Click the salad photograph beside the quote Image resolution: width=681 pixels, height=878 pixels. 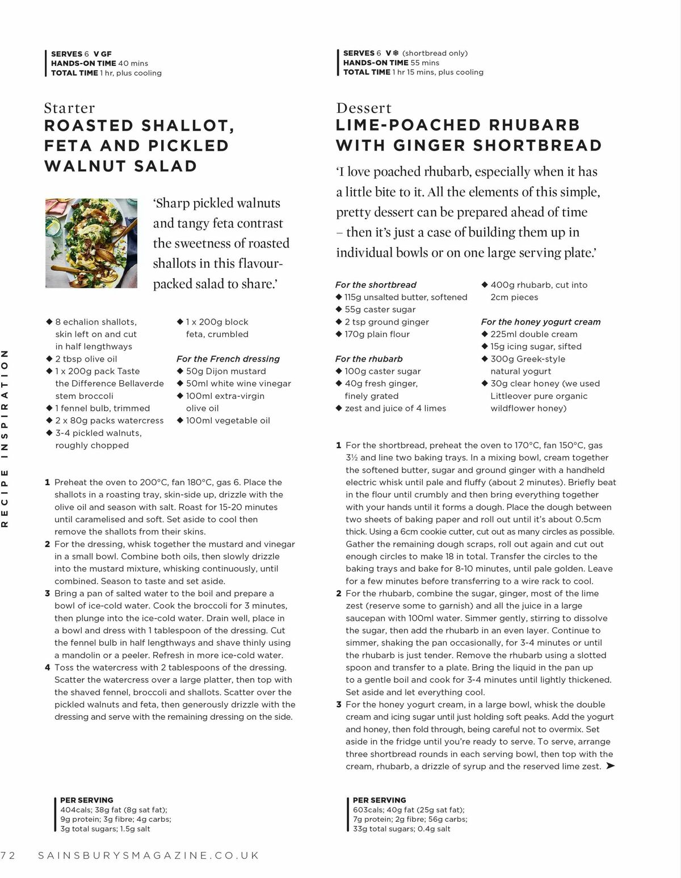point(91,243)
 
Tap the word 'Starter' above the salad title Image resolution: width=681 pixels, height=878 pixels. point(69,108)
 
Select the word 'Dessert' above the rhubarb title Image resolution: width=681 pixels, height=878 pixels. point(364,108)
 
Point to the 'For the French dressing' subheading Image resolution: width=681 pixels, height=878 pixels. point(228,359)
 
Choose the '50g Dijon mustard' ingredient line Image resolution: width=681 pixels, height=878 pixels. point(225,371)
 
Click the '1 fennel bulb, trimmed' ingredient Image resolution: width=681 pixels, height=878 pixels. point(102,408)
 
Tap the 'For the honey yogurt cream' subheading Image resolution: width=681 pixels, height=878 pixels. point(541,322)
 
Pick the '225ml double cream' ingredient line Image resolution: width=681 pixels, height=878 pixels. point(533,334)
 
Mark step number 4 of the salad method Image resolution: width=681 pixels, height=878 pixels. point(48,667)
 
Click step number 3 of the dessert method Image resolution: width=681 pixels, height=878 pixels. point(339,704)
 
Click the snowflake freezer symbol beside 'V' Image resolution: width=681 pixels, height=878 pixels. point(396,53)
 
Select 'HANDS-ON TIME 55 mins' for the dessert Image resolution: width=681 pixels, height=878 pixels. point(391,62)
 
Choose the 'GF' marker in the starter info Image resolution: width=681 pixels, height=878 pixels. point(107,54)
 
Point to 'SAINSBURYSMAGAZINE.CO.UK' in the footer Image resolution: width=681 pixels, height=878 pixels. point(148,855)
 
